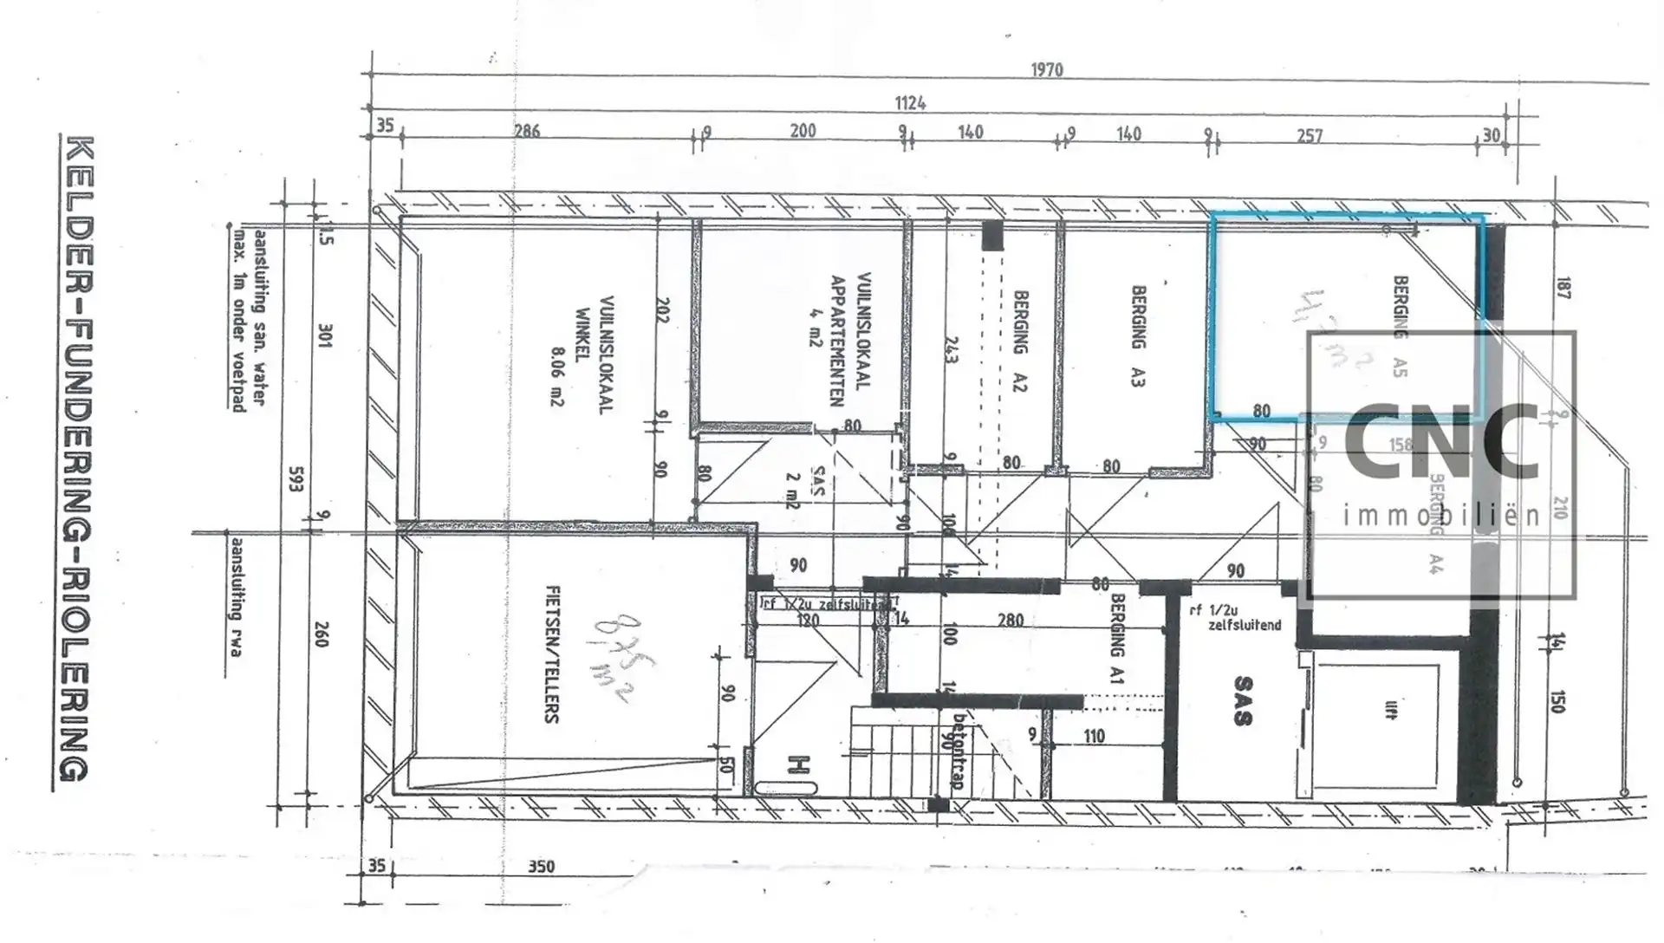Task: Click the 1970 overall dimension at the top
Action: (1047, 70)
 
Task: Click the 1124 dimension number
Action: (910, 104)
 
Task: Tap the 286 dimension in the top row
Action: (527, 132)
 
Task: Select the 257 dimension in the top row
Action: (1310, 136)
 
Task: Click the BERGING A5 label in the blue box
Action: (1400, 326)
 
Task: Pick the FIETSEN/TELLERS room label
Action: (551, 654)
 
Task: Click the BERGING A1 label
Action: (1117, 638)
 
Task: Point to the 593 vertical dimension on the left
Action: (295, 479)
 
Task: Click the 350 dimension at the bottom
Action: (541, 867)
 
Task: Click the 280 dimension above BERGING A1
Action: (1011, 621)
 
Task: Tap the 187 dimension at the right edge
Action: (1563, 289)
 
